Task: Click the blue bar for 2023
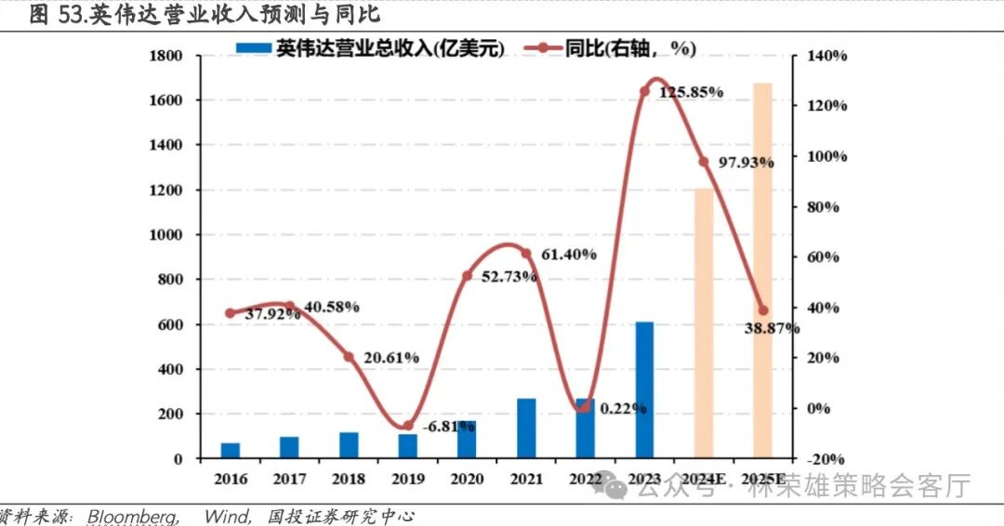[644, 390]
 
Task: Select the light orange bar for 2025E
[762, 270]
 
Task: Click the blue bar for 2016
[231, 450]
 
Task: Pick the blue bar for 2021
[526, 428]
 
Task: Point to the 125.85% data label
[692, 92]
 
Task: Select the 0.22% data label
[624, 408]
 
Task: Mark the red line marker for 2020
[468, 276]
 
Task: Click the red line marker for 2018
[349, 357]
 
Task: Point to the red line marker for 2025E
[762, 310]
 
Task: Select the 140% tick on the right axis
[827, 56]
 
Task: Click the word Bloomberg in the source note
[134, 516]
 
